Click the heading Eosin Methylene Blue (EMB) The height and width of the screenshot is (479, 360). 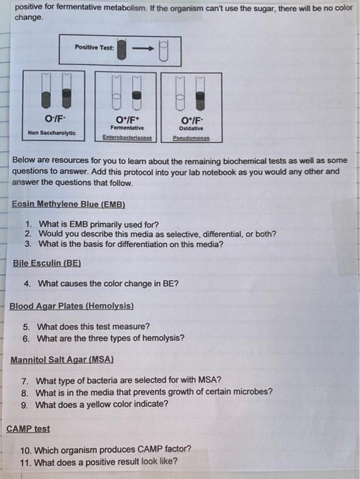69,204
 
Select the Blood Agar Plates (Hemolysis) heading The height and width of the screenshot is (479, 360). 72,306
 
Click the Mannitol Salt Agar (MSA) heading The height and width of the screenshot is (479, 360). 62,359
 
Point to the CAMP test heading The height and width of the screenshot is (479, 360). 28,429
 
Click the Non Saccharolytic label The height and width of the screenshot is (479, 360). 52,132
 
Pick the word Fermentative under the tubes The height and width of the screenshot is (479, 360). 127,127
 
